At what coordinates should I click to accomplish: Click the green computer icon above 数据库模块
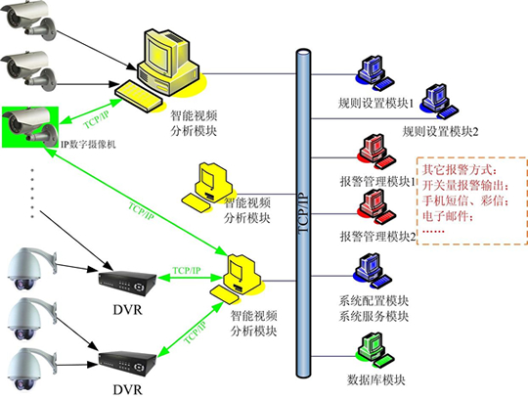click(374, 351)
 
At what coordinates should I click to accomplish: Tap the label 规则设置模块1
click(375, 103)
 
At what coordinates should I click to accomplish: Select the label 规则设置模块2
click(440, 131)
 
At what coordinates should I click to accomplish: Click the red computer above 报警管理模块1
click(376, 152)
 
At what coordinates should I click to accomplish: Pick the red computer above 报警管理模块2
click(376, 206)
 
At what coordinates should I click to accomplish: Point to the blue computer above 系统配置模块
click(374, 272)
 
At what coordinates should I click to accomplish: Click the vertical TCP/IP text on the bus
click(303, 212)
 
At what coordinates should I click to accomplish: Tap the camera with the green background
click(30, 127)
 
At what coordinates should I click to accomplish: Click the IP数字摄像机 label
click(88, 145)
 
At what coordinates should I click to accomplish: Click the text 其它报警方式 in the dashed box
click(457, 170)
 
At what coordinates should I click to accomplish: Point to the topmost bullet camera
click(28, 19)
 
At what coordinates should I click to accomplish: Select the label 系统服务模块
click(374, 316)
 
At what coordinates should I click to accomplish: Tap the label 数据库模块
click(375, 380)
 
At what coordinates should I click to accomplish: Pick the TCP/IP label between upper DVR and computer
click(187, 270)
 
